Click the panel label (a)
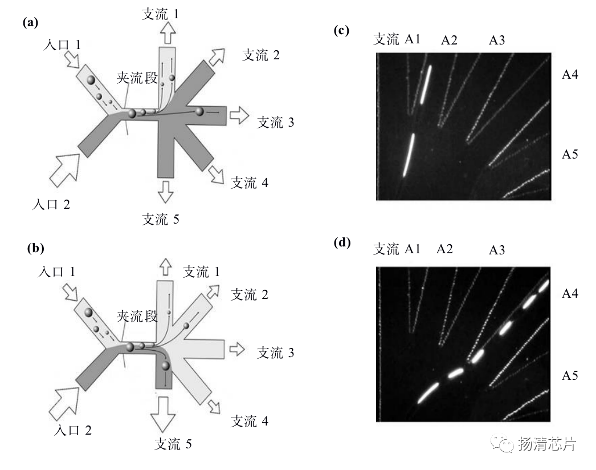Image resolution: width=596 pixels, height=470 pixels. click(x=30, y=23)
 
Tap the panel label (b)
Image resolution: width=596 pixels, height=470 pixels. click(x=36, y=248)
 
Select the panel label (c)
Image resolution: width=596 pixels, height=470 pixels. click(x=341, y=30)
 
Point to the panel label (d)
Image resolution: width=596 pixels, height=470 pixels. click(x=342, y=242)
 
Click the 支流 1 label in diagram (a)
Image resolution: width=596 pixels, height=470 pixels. click(x=160, y=14)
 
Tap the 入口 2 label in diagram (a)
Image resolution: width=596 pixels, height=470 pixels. click(x=51, y=204)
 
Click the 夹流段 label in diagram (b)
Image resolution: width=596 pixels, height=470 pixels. click(x=137, y=316)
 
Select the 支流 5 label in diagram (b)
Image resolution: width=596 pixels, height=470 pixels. click(x=173, y=444)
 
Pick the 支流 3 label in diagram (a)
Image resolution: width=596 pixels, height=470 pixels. click(x=276, y=122)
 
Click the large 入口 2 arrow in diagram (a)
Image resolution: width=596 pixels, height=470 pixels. click(x=65, y=169)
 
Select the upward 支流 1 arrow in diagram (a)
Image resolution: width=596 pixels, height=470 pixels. click(x=168, y=33)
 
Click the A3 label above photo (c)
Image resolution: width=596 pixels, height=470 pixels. click(x=497, y=40)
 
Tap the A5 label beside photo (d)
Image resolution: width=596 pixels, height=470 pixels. click(x=570, y=376)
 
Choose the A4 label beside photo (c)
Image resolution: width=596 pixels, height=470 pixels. click(x=570, y=74)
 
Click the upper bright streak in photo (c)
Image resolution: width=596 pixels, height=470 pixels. click(x=426, y=84)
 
